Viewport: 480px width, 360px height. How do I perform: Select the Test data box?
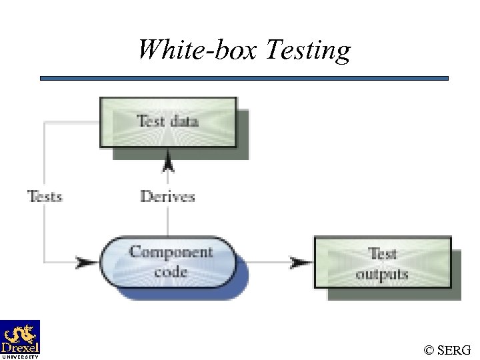pos(168,121)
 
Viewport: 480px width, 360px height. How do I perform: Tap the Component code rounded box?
pos(168,261)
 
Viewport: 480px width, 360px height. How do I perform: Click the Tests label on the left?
pos(45,196)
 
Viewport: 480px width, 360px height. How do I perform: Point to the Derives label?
pos(167,196)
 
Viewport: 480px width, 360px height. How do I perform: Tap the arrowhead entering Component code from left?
pos(87,262)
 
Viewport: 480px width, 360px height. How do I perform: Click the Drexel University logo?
pos(20,339)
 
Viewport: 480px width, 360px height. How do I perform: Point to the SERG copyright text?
pos(447,349)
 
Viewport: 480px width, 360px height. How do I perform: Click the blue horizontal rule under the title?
pos(244,78)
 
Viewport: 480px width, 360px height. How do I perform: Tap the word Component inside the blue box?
pos(171,253)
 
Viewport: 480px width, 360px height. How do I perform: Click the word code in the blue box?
pos(170,271)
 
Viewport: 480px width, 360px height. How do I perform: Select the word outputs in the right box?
pos(381,274)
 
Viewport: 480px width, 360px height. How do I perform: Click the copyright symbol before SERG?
pos(429,349)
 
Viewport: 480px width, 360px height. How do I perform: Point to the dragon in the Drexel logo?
pos(20,332)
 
